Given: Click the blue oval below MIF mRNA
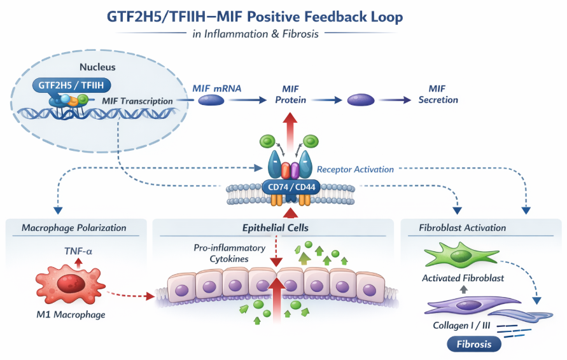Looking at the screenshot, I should (x=211, y=100).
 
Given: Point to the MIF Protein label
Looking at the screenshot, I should (x=290, y=94).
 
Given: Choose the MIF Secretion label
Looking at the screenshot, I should (x=437, y=94).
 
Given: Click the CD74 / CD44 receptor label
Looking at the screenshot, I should (x=290, y=187).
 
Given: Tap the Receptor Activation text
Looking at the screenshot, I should (x=355, y=169).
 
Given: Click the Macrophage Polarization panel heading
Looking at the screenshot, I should (x=74, y=228).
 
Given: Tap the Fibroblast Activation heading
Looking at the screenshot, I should (x=462, y=228).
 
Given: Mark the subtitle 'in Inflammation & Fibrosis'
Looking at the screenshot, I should (x=255, y=34).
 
